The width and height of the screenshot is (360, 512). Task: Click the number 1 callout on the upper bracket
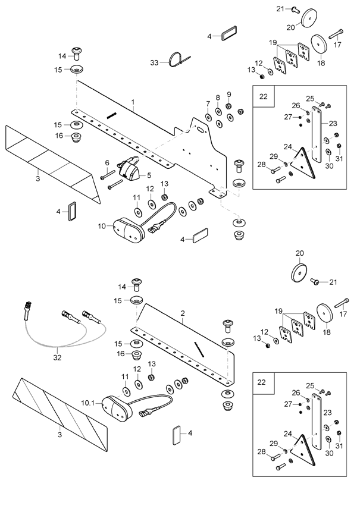(x=133, y=102)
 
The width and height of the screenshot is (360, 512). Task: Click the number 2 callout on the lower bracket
(x=183, y=313)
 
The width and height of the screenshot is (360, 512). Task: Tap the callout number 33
(x=154, y=62)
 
